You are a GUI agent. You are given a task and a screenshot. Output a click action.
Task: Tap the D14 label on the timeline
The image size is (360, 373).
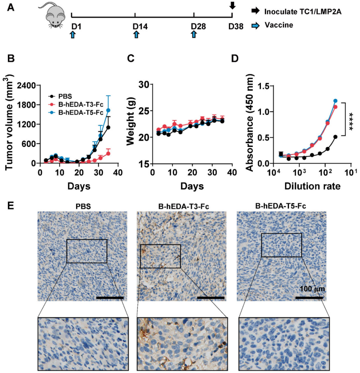[x=140, y=26]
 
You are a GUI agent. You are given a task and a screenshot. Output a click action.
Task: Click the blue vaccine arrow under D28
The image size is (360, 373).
[x=194, y=35]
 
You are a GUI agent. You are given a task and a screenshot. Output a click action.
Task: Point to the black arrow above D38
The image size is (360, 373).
[x=233, y=5]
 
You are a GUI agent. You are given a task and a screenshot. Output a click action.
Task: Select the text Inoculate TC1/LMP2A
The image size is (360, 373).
[x=303, y=12]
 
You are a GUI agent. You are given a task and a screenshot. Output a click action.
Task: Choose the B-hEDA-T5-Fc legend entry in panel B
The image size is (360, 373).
[x=76, y=112]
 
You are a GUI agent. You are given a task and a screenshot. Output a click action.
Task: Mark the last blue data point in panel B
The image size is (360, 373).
[x=108, y=110]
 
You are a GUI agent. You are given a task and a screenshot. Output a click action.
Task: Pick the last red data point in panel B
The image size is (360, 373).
[x=108, y=154]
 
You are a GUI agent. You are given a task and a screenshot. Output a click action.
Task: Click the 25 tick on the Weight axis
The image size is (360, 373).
[x=144, y=111]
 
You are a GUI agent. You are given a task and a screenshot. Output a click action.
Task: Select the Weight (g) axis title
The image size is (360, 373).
[x=130, y=121]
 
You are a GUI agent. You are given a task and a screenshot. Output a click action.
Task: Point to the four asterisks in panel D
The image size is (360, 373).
[x=351, y=121]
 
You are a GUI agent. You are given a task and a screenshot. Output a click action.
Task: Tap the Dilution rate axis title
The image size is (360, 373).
[x=312, y=186]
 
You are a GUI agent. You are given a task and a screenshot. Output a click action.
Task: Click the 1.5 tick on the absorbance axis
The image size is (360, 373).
[x=264, y=86]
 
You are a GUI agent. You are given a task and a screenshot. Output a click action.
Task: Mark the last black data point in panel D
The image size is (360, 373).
[x=335, y=137]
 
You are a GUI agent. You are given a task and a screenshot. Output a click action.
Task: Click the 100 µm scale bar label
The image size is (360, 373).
[x=312, y=289]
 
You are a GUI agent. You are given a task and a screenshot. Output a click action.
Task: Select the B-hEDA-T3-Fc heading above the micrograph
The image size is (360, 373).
[x=183, y=206]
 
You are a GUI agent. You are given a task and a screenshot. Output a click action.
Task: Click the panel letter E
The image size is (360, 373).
[x=10, y=206]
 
